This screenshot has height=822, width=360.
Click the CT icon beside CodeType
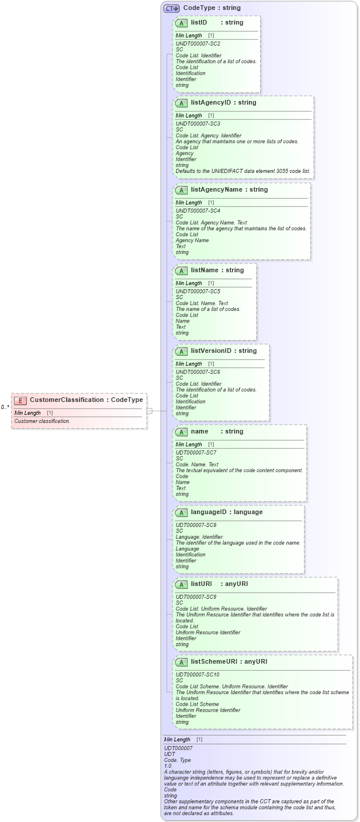[x=171, y=8]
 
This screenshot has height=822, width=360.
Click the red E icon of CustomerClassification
[x=20, y=400]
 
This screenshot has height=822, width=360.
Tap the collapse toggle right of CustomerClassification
[x=150, y=411]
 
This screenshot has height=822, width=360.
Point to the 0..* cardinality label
[x=5, y=407]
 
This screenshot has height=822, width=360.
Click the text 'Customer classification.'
[x=42, y=421]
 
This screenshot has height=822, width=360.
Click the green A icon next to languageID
[x=181, y=512]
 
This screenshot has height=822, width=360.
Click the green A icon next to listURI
[x=181, y=584]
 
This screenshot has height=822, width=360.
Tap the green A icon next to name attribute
[x=181, y=432]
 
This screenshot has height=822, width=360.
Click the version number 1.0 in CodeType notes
[x=168, y=765]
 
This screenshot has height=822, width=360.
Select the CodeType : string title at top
[x=212, y=8]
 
